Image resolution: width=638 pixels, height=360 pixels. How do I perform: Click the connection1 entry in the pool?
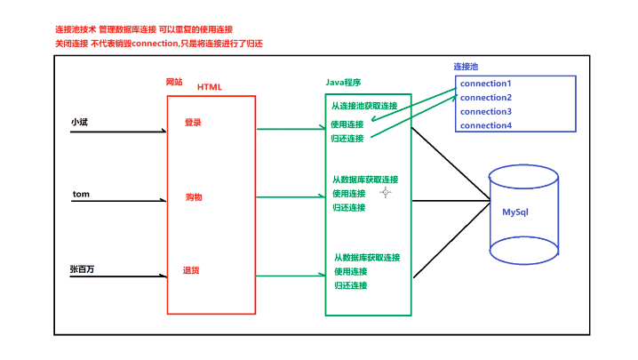point(486,84)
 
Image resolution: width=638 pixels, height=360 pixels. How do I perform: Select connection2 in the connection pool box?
point(486,98)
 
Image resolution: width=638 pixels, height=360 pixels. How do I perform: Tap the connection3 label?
point(486,112)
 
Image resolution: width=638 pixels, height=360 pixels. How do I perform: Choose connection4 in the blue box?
point(486,126)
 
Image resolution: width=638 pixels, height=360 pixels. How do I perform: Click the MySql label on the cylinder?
point(515,212)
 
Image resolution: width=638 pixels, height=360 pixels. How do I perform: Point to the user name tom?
point(80,194)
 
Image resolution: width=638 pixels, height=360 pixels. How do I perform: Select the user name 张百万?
point(83,268)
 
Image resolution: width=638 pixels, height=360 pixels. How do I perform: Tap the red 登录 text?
point(193,122)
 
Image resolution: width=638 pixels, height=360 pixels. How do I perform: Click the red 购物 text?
point(194,196)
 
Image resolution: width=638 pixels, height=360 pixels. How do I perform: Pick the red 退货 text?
point(191,270)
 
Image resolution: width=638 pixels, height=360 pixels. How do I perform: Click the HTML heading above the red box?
point(210,86)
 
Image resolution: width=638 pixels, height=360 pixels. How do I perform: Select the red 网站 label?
point(174,82)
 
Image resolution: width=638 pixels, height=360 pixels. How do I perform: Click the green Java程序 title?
point(344,82)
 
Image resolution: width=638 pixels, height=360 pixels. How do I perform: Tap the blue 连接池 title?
point(466,67)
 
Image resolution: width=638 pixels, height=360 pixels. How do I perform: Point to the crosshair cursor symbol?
point(386,192)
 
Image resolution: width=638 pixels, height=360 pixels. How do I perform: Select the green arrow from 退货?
point(290,276)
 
